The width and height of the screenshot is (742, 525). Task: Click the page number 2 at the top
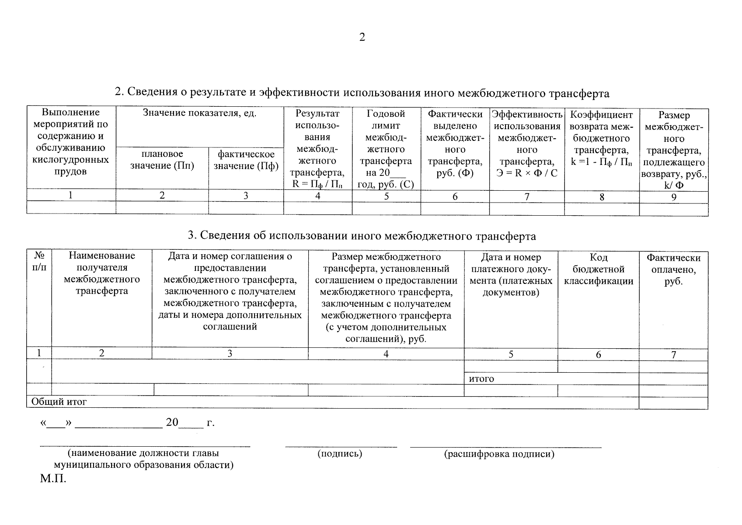tap(362, 37)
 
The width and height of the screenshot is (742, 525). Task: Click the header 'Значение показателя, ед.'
tap(199, 113)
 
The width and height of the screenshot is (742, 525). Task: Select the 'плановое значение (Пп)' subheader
tap(162, 160)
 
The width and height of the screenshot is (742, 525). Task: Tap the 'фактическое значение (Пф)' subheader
tap(246, 160)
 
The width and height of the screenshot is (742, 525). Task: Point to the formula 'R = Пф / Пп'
tap(317, 184)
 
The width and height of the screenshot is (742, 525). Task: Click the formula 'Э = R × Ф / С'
tap(527, 173)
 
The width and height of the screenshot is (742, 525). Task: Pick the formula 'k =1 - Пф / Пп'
tap(602, 162)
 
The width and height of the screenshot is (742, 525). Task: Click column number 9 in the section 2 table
tap(674, 197)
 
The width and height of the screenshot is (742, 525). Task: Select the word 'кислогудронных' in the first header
tap(70, 160)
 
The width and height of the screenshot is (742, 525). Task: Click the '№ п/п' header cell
tap(39, 261)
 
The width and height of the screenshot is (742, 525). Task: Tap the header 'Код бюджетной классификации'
tap(598, 269)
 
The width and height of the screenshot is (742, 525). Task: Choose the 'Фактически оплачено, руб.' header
tap(673, 270)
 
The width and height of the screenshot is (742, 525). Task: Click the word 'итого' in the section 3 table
tap(481, 379)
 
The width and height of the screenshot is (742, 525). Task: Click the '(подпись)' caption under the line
tap(340, 454)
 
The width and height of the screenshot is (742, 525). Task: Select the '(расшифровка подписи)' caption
tap(499, 454)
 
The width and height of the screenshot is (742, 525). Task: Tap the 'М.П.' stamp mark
tap(53, 479)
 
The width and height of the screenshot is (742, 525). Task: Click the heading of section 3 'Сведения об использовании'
tap(362, 236)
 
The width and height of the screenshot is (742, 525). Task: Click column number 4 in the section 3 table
tap(386, 354)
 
